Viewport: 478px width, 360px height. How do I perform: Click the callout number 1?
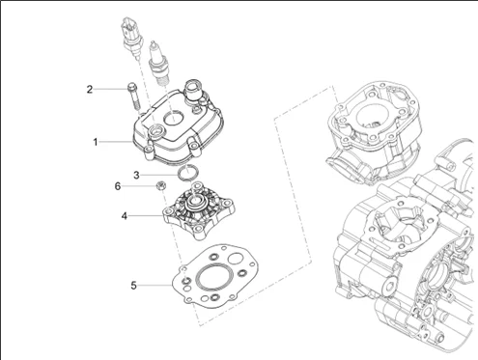pyautogui.click(x=96, y=142)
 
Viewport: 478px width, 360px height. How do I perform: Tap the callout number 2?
pyautogui.click(x=90, y=89)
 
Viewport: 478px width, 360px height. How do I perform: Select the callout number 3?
pyautogui.click(x=136, y=176)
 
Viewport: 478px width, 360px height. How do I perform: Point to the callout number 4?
pyautogui.click(x=125, y=216)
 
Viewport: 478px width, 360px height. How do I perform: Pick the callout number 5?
pyautogui.click(x=133, y=286)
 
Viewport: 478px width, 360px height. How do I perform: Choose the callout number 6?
pyautogui.click(x=118, y=186)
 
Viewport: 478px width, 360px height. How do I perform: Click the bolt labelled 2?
pyautogui.click(x=133, y=97)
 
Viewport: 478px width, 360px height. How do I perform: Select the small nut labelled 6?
pyautogui.click(x=160, y=185)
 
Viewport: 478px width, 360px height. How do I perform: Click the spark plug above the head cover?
pyautogui.click(x=157, y=64)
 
